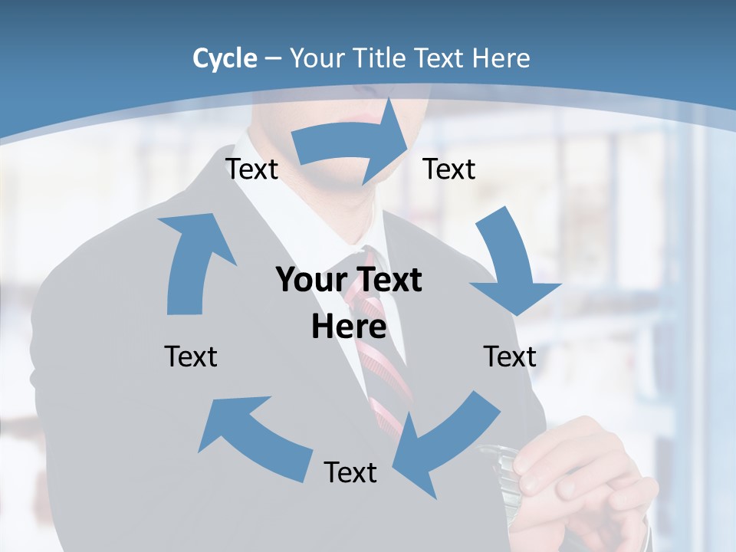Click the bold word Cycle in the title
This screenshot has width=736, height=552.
pos(225,58)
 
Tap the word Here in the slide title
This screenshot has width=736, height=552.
pos(501,58)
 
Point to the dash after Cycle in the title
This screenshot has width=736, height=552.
pos(273,59)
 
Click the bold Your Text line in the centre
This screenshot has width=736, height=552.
pos(349,281)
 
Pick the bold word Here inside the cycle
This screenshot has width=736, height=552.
pos(349,327)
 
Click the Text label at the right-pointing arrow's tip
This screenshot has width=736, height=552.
pos(449,169)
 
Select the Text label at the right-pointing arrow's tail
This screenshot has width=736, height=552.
pos(251,169)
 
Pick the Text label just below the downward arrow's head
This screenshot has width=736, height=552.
pos(510,356)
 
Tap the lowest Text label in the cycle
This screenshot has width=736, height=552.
pos(350,472)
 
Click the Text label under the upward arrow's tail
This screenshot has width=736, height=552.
pos(191,356)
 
